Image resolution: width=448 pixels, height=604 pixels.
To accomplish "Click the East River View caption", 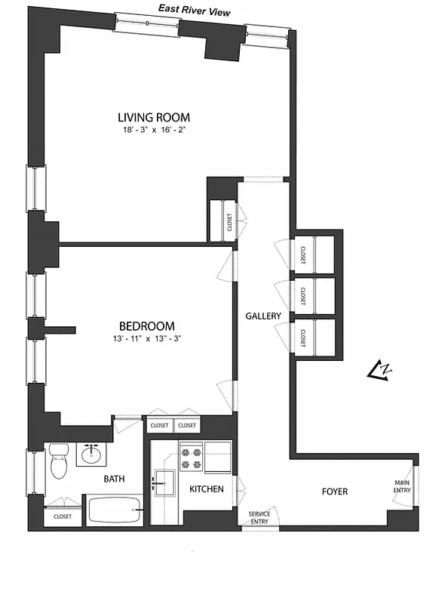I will [194, 9].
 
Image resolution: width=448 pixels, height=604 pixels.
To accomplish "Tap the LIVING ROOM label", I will [153, 117].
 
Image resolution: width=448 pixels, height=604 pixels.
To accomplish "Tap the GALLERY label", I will [263, 316].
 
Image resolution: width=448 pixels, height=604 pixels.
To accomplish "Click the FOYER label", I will [335, 492].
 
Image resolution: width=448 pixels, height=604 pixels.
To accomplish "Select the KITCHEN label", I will [207, 489].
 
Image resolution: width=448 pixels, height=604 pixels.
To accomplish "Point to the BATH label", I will [114, 479].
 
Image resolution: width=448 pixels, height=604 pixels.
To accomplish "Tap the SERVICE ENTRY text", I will [259, 517].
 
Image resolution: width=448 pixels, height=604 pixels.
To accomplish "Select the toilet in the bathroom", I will [60, 461].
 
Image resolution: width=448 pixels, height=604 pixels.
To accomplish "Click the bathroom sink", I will [92, 455].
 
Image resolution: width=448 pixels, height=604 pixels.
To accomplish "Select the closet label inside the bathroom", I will [63, 517].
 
